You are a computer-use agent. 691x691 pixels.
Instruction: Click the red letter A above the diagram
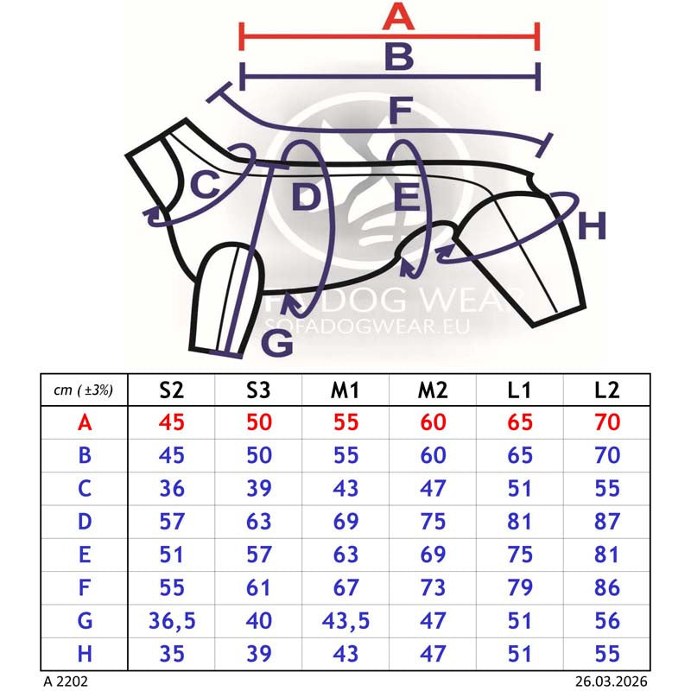[x=398, y=16]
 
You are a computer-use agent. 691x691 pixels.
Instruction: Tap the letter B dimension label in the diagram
[x=399, y=56]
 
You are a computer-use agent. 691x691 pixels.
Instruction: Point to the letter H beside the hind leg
[x=592, y=225]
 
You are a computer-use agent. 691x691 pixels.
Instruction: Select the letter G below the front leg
[x=277, y=343]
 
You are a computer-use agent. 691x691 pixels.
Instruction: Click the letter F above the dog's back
[x=401, y=111]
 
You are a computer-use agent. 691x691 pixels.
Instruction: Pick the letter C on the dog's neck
[x=205, y=184]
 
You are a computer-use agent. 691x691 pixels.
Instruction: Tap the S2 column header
[x=171, y=390]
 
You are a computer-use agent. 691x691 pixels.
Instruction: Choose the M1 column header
[x=345, y=390]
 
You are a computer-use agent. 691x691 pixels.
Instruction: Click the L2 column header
[x=606, y=390]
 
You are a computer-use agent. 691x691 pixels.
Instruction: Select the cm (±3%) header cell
[x=83, y=390]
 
